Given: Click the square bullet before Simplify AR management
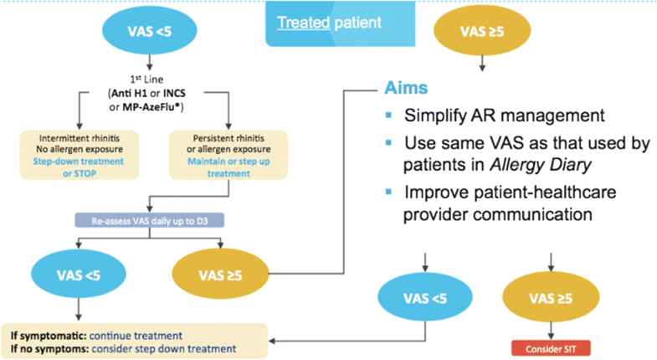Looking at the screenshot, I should coord(388,115).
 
